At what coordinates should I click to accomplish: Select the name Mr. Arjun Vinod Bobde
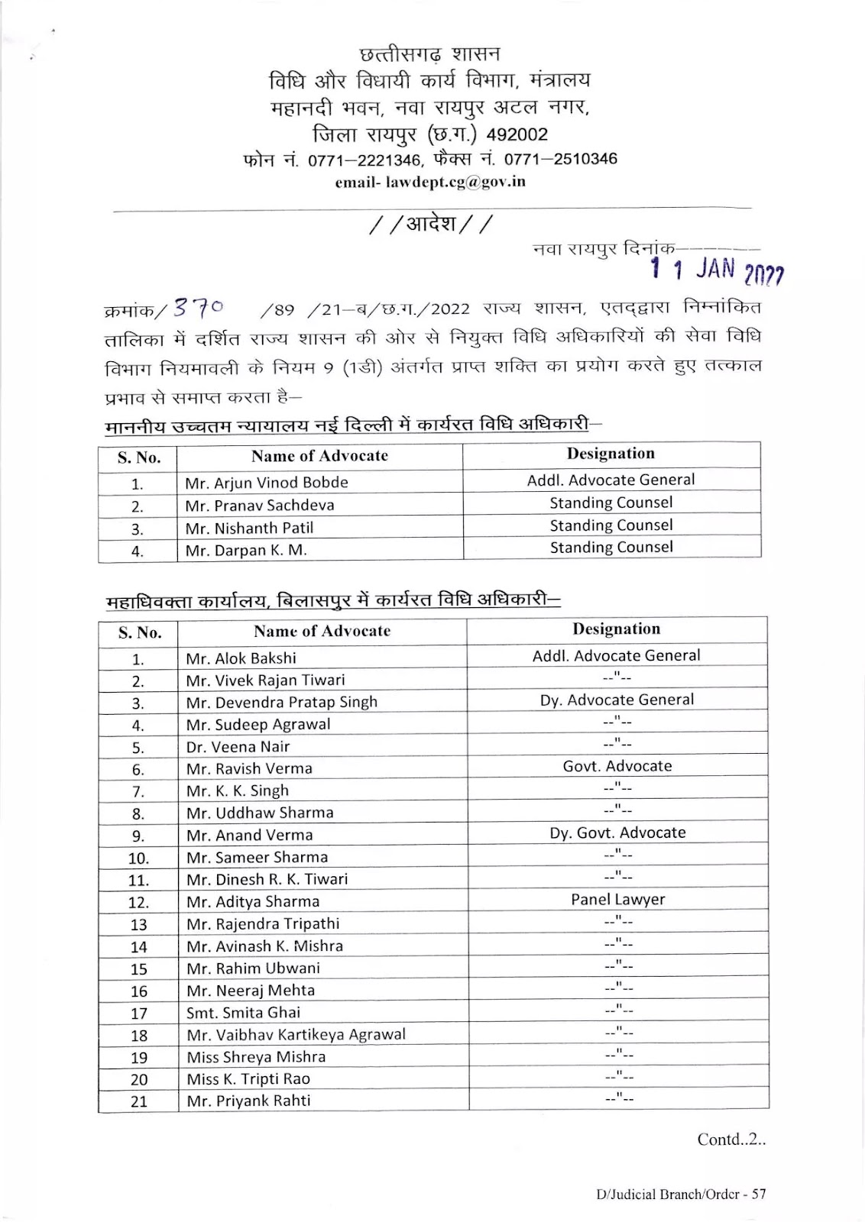pos(266,483)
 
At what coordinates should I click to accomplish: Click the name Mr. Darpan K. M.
pos(246,550)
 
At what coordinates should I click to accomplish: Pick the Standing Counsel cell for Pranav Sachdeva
pos(611,503)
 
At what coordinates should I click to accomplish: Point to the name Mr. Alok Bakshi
pos(241,658)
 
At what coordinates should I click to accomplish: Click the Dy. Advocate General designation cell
pos(617,700)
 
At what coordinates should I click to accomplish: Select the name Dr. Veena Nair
pos(238,747)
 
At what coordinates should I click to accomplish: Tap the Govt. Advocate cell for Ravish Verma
pos(617,766)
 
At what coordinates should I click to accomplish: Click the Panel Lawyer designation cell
pos(617,900)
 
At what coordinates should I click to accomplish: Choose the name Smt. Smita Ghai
pos(243,1013)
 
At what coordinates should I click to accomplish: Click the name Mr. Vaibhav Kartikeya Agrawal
pos(296,1035)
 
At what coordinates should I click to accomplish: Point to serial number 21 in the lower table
pos(138,1101)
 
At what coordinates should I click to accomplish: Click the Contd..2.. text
pos(731,1140)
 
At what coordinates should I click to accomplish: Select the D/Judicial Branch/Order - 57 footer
pos(681,1195)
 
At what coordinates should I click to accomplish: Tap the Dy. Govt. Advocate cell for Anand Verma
pos(617,832)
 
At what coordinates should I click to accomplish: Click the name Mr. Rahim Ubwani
pos(253,968)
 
